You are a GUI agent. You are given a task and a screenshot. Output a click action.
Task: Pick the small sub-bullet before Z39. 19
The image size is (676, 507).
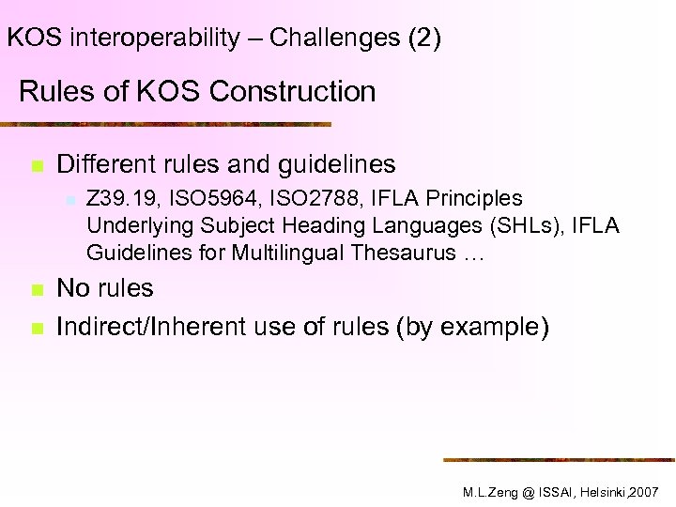point(69,199)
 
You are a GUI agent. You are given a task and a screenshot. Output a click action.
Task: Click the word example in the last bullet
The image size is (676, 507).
point(487,328)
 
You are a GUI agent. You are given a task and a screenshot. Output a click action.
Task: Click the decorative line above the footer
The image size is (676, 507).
point(559,459)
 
